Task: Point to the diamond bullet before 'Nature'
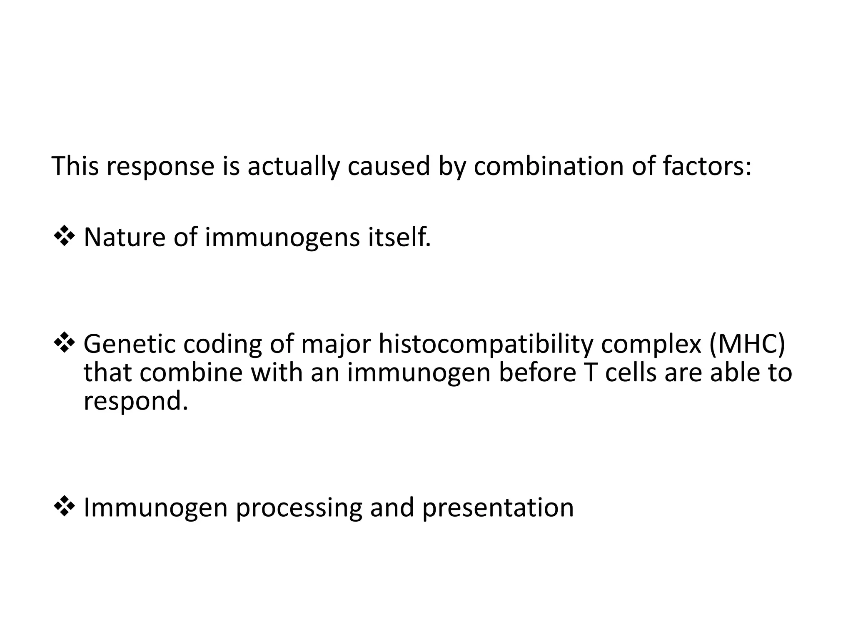coord(64,237)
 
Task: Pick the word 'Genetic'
coord(130,344)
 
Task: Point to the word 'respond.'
coord(136,401)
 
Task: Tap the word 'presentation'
coord(498,508)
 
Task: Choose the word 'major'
coord(336,344)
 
